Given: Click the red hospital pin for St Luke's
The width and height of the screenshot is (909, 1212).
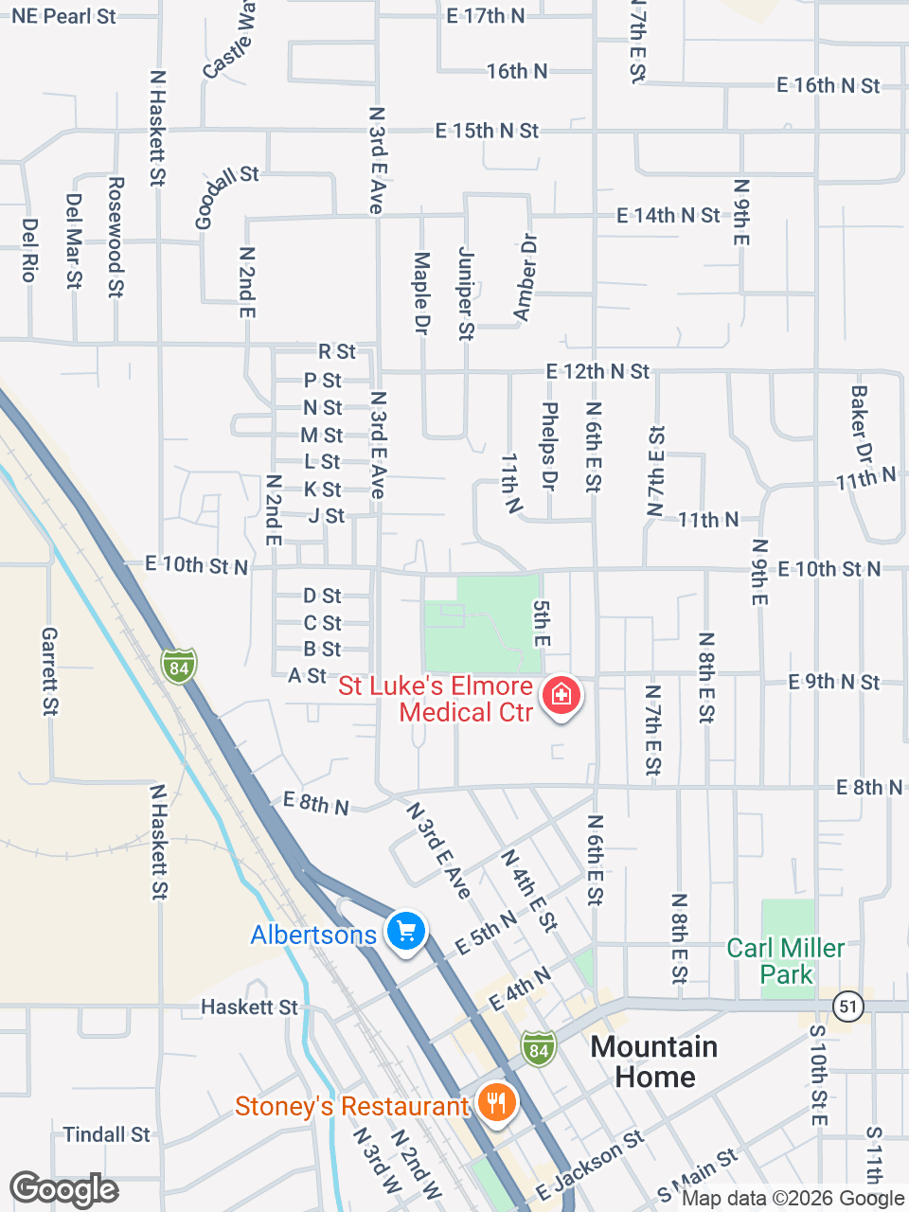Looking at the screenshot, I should [561, 696].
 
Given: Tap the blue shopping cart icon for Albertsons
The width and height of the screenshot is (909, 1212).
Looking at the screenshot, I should [406, 931].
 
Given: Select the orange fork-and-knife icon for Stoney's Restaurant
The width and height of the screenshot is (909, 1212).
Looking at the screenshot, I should [495, 1102].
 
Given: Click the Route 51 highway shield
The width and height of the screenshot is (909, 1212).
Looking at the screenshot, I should [849, 1006].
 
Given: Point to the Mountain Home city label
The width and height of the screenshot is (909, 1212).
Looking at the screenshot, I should [654, 1061].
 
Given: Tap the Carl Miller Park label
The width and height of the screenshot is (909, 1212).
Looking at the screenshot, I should [785, 961].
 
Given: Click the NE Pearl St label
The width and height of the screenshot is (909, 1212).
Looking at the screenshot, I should [63, 16].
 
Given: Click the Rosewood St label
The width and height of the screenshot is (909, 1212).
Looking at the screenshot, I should [116, 237].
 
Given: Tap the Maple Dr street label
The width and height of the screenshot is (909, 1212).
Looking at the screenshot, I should [422, 293].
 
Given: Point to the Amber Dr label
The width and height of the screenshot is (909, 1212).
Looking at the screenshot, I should [525, 276].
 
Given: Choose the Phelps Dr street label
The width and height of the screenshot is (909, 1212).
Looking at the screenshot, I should [549, 446].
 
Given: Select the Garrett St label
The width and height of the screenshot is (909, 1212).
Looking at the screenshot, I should [50, 670].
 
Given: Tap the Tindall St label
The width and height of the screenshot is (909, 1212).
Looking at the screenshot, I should [106, 1134].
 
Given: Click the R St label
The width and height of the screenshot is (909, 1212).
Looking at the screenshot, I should [337, 352].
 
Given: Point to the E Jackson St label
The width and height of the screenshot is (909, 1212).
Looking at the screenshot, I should [589, 1166].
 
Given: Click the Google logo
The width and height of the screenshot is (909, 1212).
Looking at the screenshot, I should [64, 1189].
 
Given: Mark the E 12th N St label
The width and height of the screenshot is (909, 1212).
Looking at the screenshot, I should [597, 371].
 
